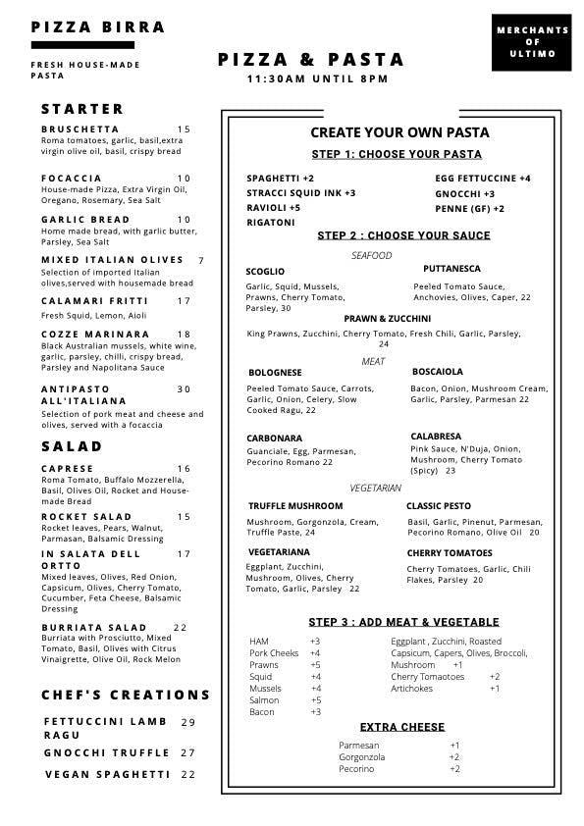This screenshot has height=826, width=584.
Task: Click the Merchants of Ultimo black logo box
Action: (x=532, y=42)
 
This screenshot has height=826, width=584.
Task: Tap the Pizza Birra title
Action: (x=98, y=27)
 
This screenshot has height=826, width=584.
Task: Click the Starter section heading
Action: (x=82, y=109)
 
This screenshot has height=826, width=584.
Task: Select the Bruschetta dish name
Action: (x=80, y=129)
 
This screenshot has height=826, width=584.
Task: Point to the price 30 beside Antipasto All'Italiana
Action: (x=185, y=389)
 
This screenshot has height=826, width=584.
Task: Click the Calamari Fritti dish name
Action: (x=81, y=301)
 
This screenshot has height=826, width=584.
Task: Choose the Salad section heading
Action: (x=72, y=446)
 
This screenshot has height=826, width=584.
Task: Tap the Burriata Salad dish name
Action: (x=94, y=627)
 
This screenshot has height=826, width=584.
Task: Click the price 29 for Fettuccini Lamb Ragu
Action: (x=188, y=722)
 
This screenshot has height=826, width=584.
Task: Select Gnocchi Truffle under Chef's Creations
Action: (x=107, y=752)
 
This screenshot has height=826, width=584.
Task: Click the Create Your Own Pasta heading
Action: (x=399, y=132)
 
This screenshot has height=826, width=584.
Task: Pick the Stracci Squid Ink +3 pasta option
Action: (x=301, y=193)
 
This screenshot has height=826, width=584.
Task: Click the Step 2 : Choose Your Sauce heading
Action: (x=403, y=235)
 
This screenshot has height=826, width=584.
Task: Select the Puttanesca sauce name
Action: (x=451, y=269)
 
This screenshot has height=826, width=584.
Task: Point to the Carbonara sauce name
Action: (x=275, y=439)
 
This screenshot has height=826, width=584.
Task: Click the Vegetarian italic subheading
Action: (x=375, y=488)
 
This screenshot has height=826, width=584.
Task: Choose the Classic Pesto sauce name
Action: (x=438, y=506)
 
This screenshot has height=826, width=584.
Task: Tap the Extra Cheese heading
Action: (x=401, y=727)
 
